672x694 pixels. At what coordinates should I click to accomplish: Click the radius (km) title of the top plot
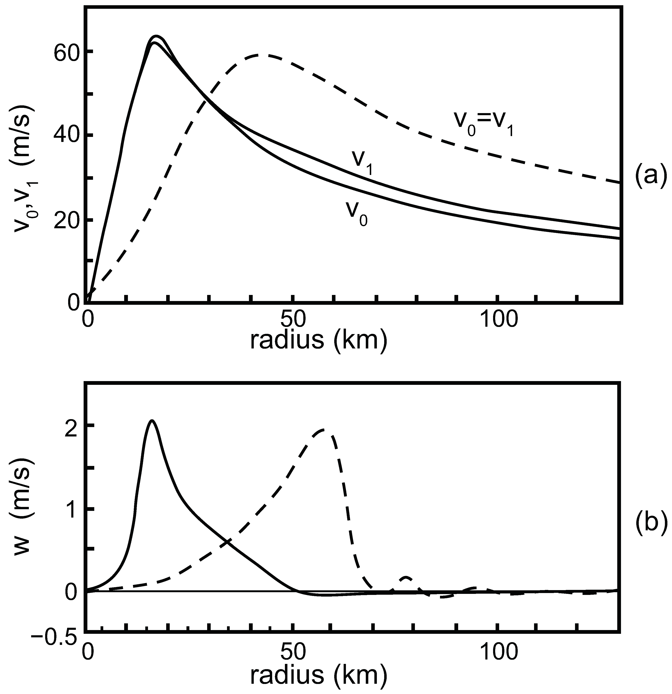click(318, 341)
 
